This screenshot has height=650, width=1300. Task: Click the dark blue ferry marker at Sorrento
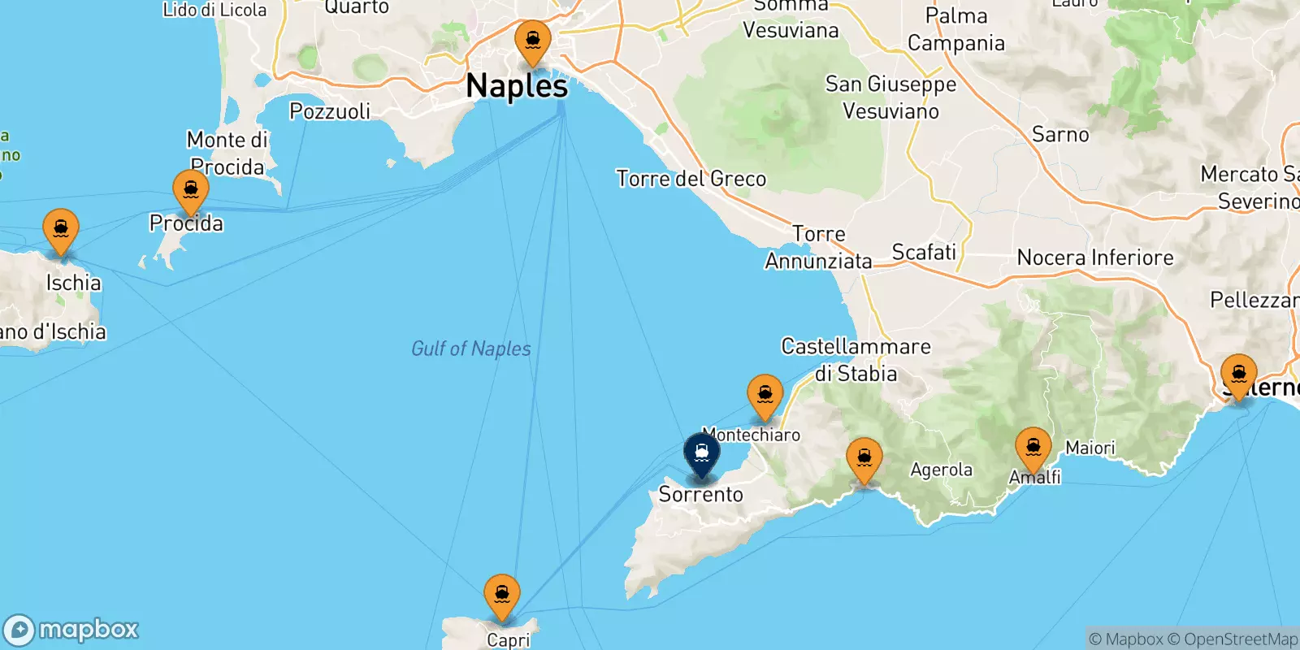(x=701, y=453)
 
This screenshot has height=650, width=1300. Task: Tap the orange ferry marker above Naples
(x=533, y=41)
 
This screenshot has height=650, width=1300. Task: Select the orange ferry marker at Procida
(x=191, y=191)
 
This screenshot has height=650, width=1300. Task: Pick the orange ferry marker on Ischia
(x=61, y=230)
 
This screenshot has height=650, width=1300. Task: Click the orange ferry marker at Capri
(x=502, y=596)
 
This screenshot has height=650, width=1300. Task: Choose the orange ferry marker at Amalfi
(x=1033, y=448)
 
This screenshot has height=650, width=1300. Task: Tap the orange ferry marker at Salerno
(x=1238, y=375)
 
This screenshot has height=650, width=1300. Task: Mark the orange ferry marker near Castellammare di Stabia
(x=765, y=396)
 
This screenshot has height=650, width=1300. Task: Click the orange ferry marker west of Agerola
(x=864, y=459)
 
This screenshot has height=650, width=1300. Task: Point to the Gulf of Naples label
(x=471, y=349)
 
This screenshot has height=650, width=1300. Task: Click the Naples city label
(x=517, y=86)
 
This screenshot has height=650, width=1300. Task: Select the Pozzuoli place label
(x=330, y=111)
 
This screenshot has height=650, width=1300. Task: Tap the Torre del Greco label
(x=691, y=179)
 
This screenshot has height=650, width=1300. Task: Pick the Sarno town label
(x=1060, y=135)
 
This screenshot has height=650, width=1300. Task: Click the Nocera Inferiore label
(x=1095, y=258)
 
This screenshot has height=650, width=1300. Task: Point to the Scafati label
(x=924, y=253)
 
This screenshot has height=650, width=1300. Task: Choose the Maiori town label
(x=1090, y=448)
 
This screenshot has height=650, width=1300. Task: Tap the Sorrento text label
(x=700, y=494)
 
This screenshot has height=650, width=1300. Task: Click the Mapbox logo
(x=71, y=630)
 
